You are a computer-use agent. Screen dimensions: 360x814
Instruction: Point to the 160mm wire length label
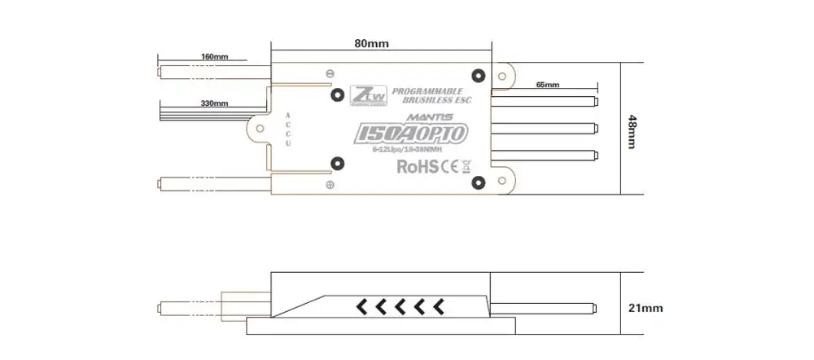(x=214, y=57)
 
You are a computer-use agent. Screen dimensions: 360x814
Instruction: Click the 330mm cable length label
(x=214, y=104)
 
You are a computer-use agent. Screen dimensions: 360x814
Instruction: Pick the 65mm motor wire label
(x=548, y=85)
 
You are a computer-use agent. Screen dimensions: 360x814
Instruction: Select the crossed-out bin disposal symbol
(x=466, y=167)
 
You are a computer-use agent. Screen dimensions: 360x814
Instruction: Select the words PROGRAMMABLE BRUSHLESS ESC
(x=427, y=95)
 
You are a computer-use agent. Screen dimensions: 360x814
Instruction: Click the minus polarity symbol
(x=330, y=73)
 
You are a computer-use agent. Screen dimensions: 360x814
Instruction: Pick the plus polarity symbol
(x=330, y=186)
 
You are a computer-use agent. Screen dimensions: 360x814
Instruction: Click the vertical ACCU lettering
(x=287, y=130)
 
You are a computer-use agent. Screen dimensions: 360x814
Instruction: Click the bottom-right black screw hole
(x=479, y=182)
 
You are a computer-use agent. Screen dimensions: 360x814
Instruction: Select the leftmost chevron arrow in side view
(x=358, y=307)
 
